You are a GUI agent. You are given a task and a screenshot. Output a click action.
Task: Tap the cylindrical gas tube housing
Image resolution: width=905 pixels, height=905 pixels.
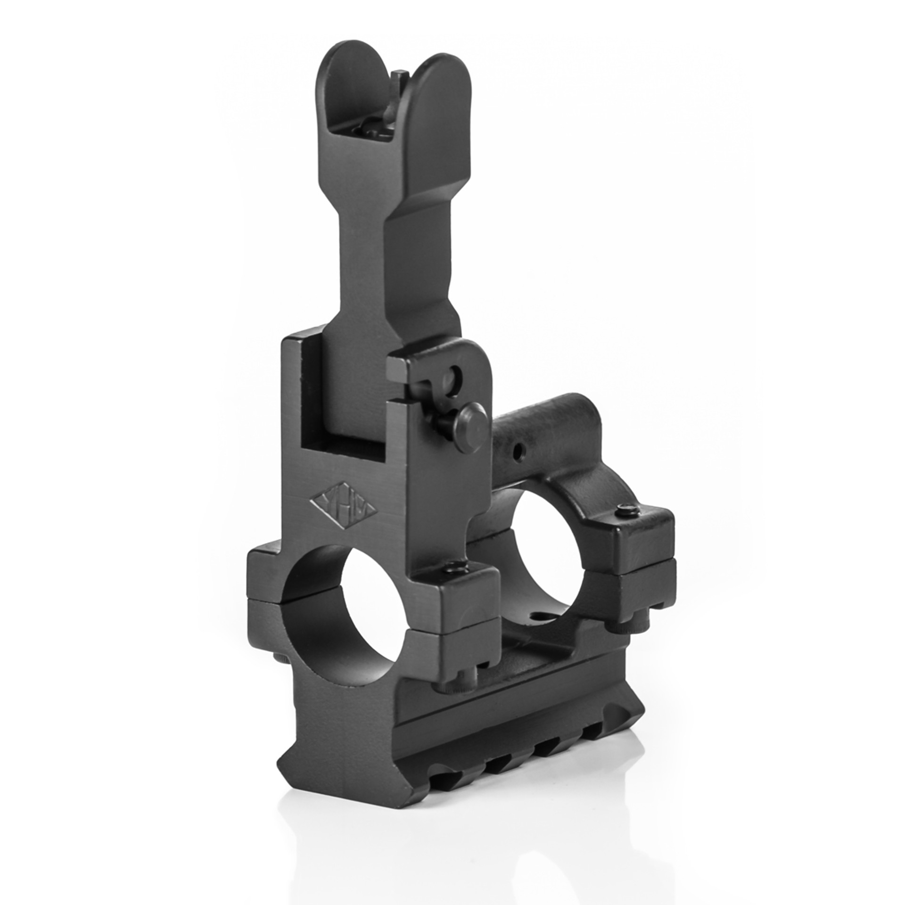coord(542,438)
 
